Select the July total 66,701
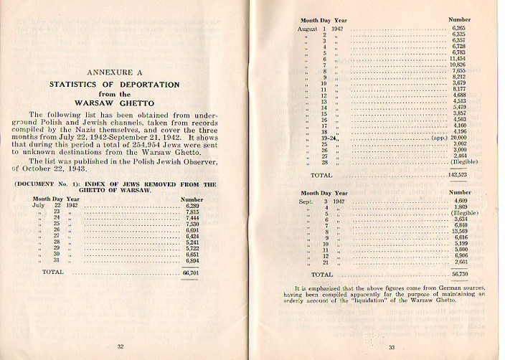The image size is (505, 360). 191,273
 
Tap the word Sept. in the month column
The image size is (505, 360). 308,201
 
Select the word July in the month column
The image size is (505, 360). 39,205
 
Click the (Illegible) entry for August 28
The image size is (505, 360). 463,161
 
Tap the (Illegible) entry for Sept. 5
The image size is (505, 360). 463,213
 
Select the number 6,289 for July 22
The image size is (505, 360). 192,205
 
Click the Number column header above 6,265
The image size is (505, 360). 460,19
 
